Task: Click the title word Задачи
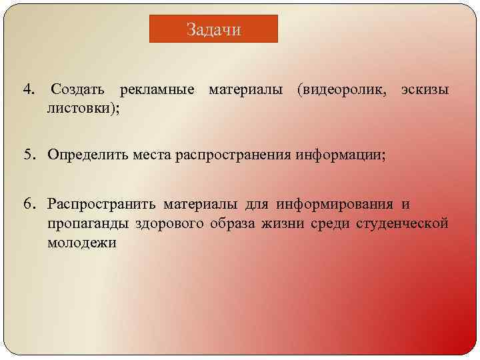click(x=213, y=30)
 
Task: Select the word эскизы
click(x=425, y=90)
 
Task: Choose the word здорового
click(x=162, y=223)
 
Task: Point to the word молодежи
click(x=81, y=243)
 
